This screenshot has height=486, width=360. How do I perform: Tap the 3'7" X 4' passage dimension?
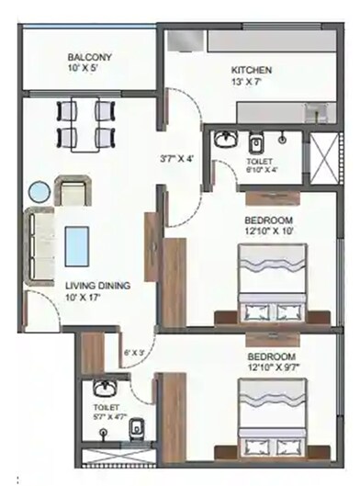[x=178, y=157]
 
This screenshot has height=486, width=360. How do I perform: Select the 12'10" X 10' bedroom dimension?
[x=268, y=233]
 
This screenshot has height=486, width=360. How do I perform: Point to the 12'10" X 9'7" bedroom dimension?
[x=268, y=366]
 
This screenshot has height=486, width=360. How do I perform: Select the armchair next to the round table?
[x=73, y=194]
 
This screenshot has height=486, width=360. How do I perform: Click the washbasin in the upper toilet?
[x=226, y=141]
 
